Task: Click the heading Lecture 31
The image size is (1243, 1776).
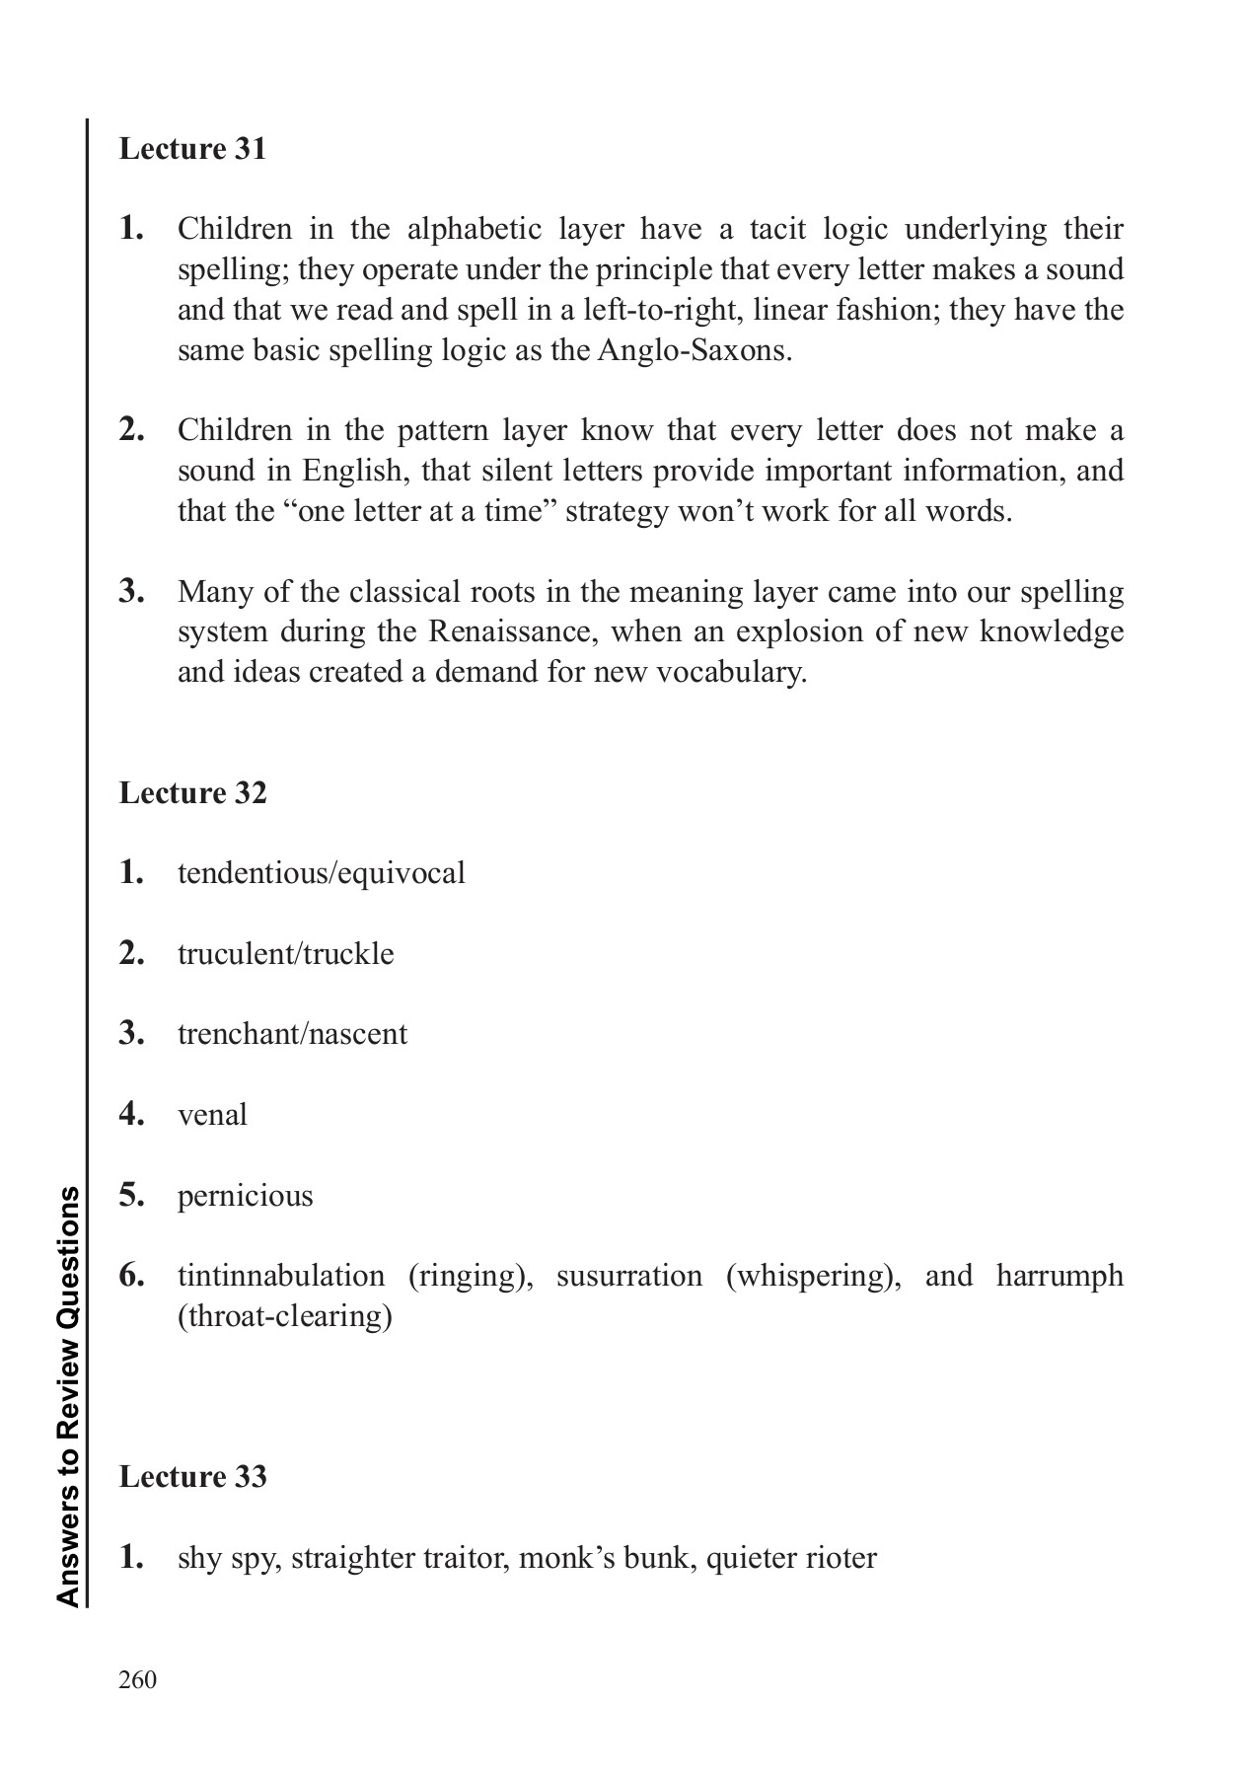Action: pos(192,149)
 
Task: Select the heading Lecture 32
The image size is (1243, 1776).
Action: pos(192,793)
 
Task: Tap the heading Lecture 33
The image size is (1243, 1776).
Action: pos(192,1477)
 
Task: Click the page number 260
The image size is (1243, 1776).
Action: pos(137,1680)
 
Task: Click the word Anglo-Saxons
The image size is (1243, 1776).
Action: pos(694,351)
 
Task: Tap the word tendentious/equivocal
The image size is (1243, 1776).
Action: pos(321,873)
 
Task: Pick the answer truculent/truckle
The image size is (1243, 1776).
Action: pos(285,954)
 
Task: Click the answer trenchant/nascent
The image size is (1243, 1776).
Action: pos(292,1034)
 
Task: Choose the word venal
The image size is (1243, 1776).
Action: pos(212,1115)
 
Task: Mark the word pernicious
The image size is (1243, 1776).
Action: pos(245,1196)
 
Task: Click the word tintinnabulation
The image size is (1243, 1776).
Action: pos(281,1276)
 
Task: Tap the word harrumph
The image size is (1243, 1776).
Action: pos(1060,1276)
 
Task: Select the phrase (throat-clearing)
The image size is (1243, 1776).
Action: pos(284,1316)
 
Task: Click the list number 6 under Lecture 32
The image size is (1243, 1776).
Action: pos(131,1276)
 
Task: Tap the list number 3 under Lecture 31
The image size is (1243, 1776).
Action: pos(131,592)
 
